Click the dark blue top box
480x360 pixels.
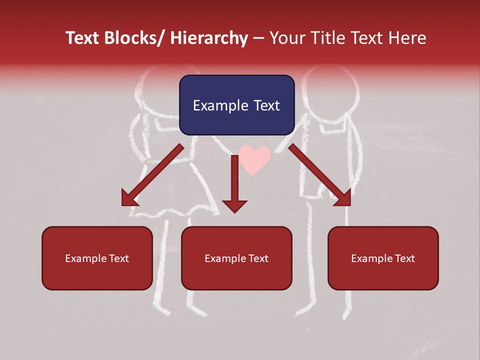pyautogui.click(x=236, y=105)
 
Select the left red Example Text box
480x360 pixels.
pyautogui.click(x=97, y=258)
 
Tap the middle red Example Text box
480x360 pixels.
pyautogui.click(x=236, y=258)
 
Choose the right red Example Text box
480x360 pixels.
pyautogui.click(x=383, y=258)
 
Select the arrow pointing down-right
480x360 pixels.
pyautogui.click(x=320, y=174)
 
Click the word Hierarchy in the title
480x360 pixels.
pyautogui.click(x=209, y=38)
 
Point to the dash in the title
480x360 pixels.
pyautogui.click(x=258, y=38)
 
